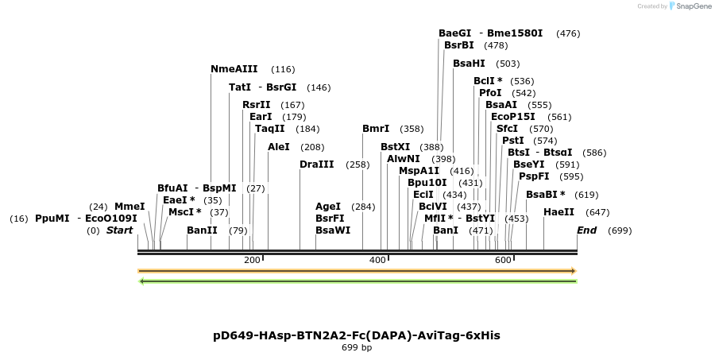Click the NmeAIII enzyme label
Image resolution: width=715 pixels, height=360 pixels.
234,69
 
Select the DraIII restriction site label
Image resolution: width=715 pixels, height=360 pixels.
317,165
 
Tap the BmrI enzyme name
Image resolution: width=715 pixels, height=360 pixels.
376,129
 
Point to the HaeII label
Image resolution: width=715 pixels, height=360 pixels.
559,212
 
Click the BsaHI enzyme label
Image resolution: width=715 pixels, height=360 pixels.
469,64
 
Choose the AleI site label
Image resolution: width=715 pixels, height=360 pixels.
279,147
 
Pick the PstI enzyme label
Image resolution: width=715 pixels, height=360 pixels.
513,141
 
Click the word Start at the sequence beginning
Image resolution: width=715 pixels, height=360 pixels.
119,230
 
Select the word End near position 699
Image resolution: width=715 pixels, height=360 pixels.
586,230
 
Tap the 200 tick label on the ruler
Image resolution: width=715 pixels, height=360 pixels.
252,261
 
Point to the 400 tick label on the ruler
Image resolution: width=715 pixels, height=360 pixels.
377,261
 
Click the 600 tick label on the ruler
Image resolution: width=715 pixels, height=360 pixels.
503,261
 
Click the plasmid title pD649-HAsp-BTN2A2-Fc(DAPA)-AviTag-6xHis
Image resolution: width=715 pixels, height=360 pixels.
357,335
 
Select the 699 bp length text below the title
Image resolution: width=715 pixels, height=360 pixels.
357,347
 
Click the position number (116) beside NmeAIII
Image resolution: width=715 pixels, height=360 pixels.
283,70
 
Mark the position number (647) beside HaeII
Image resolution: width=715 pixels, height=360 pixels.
597,212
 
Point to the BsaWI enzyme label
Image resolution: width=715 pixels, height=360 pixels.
333,230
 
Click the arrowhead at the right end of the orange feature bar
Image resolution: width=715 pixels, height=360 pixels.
573,271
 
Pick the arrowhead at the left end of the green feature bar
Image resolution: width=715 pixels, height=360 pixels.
141,281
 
